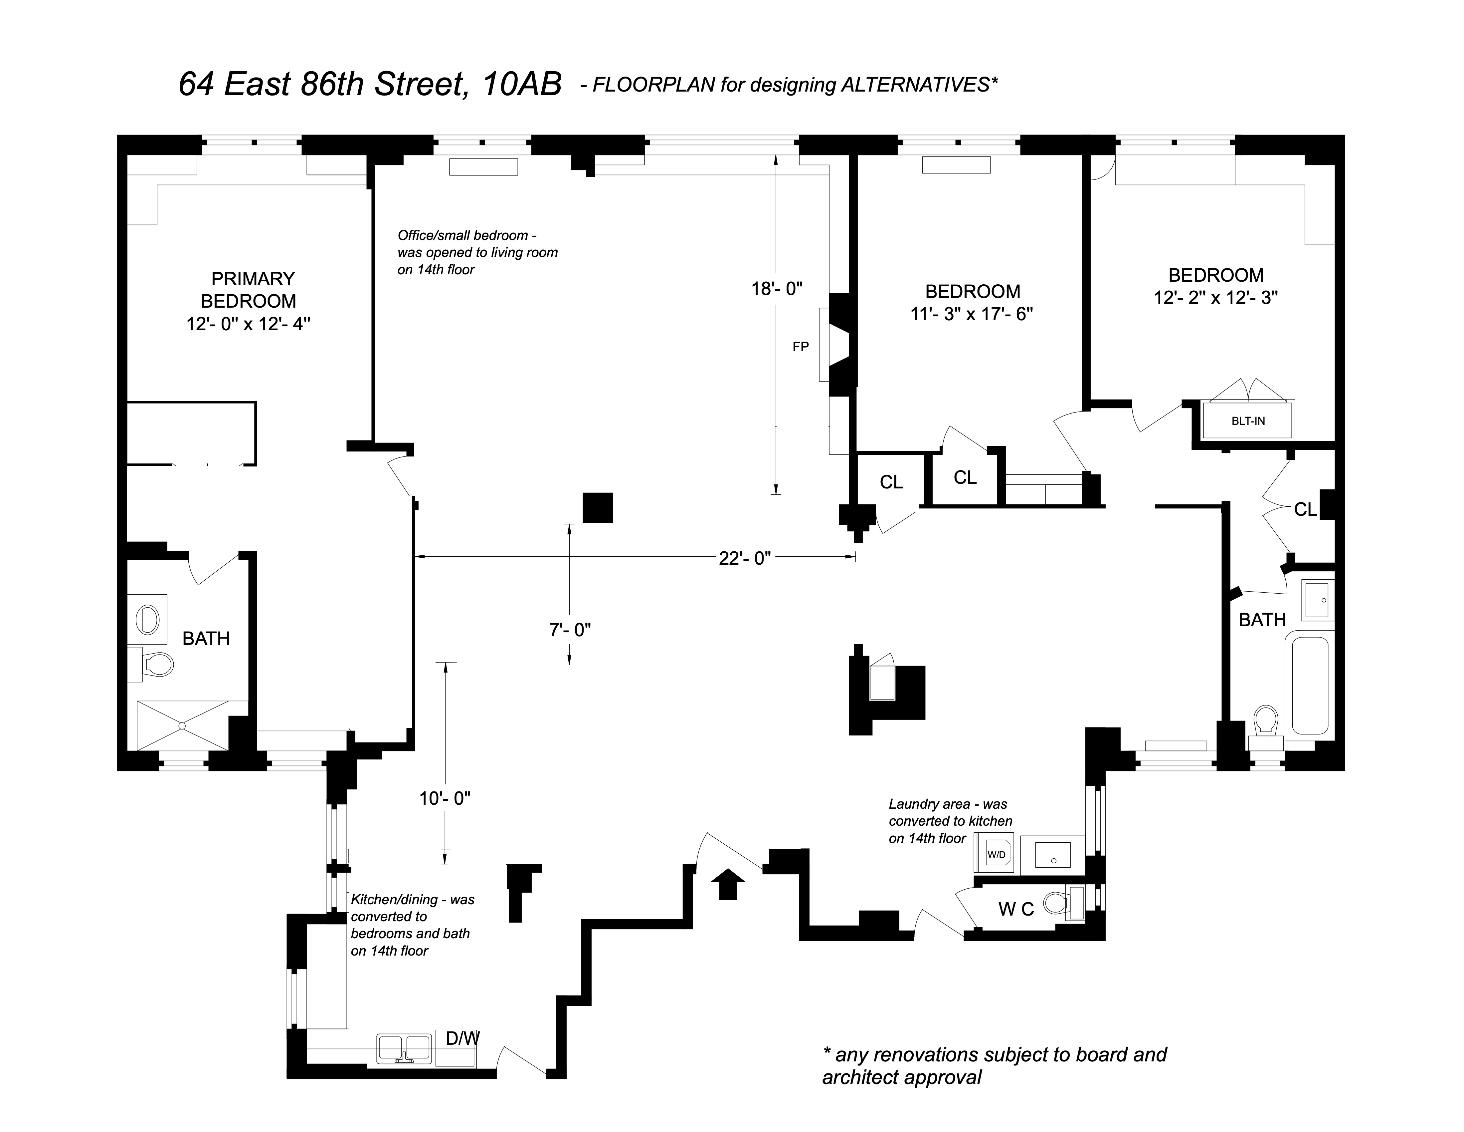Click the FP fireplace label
pos(800,347)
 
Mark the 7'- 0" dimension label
pos(570,630)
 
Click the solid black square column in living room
pos(598,508)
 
